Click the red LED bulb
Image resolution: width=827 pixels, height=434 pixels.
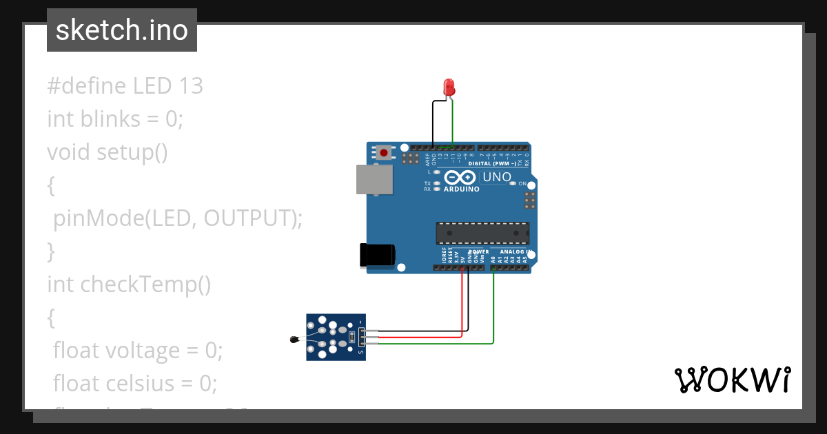[x=449, y=87]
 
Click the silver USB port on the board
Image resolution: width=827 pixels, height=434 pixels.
[x=374, y=179]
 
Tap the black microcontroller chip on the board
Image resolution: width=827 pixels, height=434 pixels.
[x=482, y=233]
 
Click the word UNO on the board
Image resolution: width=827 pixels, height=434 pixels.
[x=496, y=177]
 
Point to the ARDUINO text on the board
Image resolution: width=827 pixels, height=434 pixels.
[x=462, y=189]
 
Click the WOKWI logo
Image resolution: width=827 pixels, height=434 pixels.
[x=731, y=380]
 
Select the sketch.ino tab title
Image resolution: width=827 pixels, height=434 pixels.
[x=122, y=30]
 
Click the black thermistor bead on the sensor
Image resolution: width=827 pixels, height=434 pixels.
[x=295, y=338]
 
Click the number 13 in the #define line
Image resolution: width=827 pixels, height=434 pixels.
[x=191, y=86]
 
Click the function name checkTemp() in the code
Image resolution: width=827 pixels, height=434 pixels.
[x=145, y=284]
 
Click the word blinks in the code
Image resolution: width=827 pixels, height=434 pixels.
[x=109, y=119]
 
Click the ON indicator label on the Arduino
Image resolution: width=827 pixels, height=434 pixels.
[x=522, y=184]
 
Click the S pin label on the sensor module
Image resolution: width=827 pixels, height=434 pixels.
[x=361, y=351]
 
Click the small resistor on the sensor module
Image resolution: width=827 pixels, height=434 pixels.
[x=352, y=337]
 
